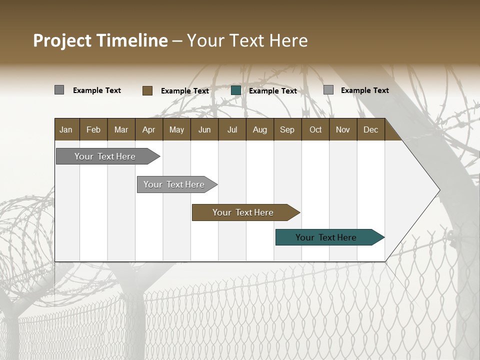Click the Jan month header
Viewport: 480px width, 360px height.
pos(66,129)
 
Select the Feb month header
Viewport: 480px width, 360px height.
pos(93,129)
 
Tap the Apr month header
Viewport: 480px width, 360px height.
pos(148,129)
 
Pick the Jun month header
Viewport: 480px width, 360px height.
pos(204,129)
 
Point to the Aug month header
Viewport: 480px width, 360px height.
pos(259,129)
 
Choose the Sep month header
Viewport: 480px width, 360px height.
pos(287,129)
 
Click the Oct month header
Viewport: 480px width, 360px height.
pos(315,129)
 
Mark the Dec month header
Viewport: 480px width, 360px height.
pos(370,129)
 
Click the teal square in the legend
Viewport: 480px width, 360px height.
pos(236,90)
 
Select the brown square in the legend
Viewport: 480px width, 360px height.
pos(147,90)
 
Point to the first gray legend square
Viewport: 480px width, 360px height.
pos(59,90)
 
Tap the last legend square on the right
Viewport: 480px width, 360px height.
pos(328,90)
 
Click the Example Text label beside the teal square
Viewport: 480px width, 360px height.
pos(272,91)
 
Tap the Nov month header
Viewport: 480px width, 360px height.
pos(343,129)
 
